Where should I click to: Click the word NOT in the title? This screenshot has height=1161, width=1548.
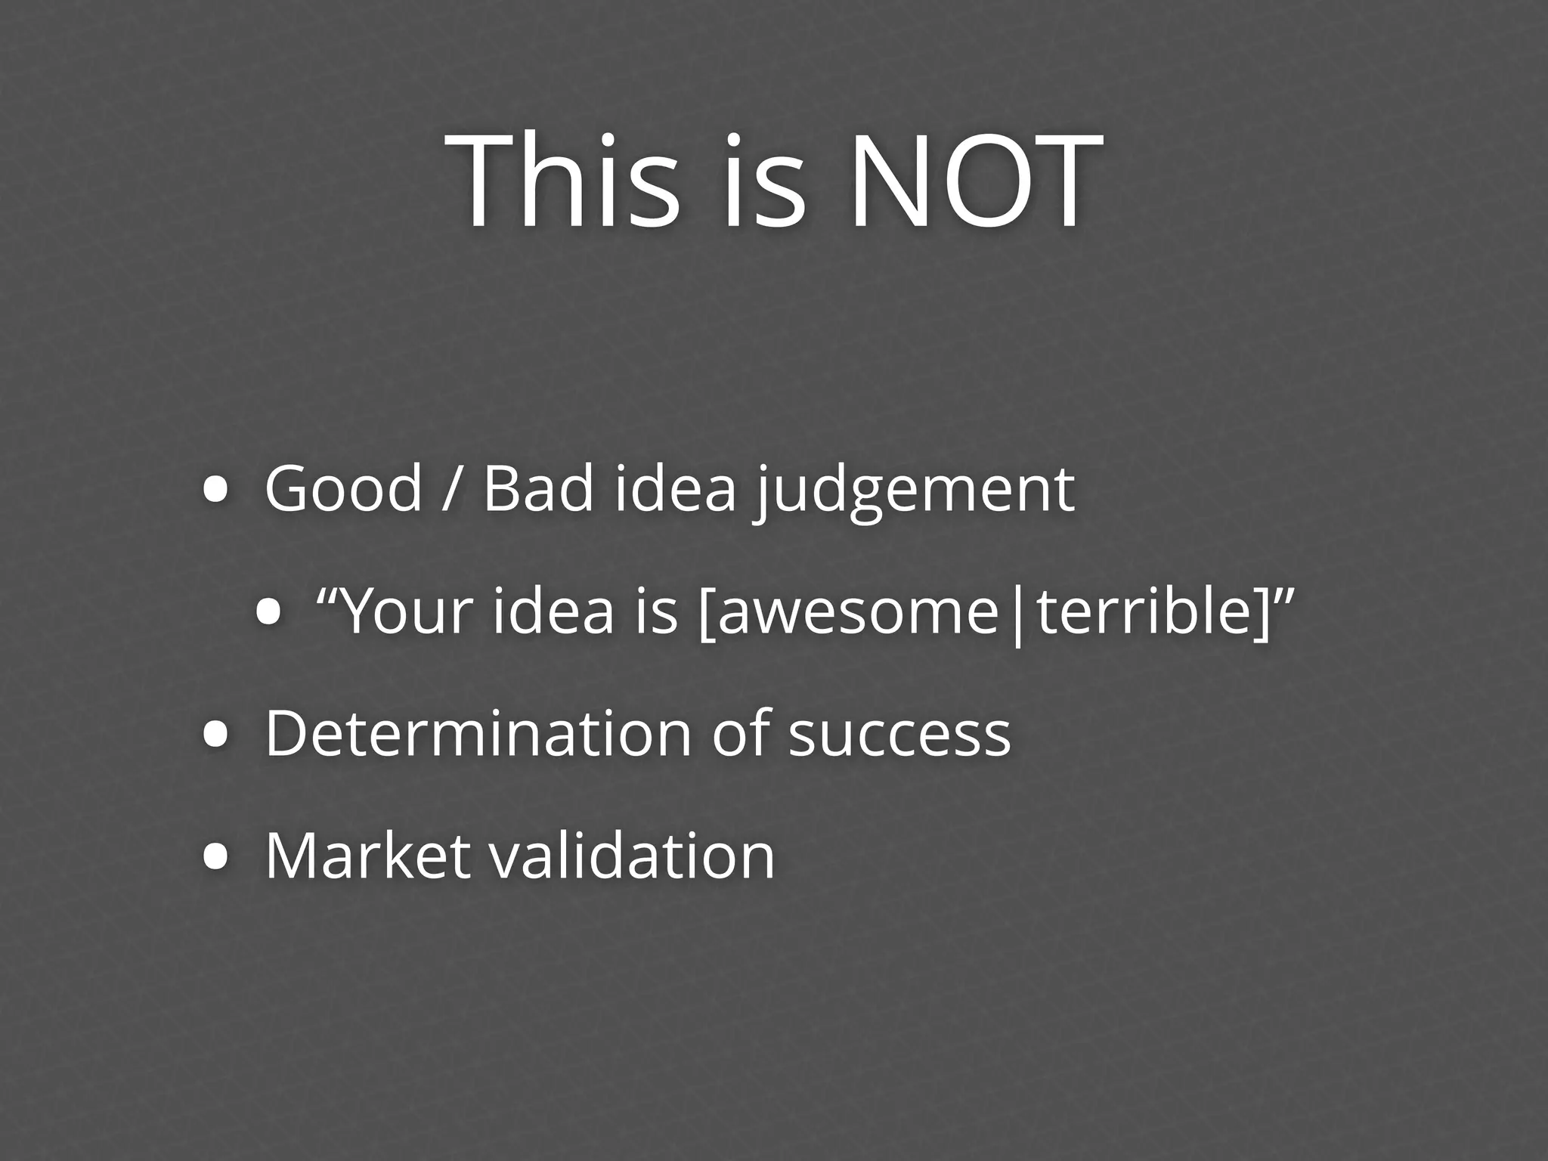click(x=975, y=181)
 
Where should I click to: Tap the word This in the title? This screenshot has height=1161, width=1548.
click(x=563, y=181)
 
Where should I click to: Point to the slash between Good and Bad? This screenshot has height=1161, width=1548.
click(x=451, y=489)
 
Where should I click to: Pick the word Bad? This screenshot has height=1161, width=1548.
click(x=538, y=489)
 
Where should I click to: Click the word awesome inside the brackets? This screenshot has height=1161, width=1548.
click(x=856, y=612)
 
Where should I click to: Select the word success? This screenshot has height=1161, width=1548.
click(x=899, y=735)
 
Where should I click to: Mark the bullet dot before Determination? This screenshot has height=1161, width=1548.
click(x=216, y=735)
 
